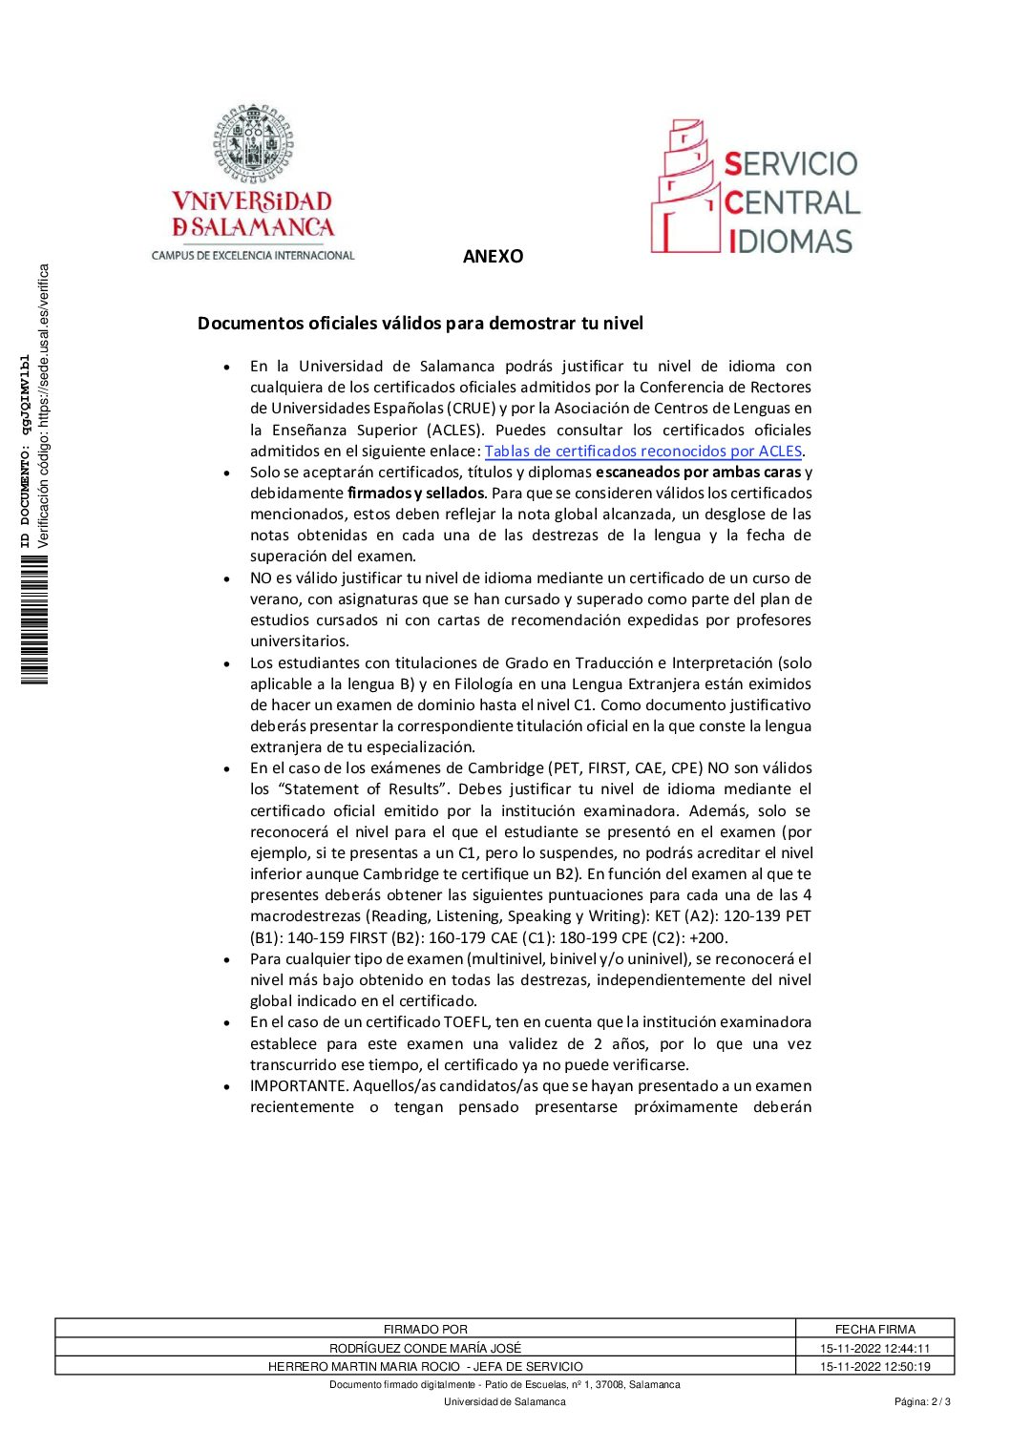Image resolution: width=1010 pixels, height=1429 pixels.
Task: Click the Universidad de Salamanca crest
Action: (x=253, y=144)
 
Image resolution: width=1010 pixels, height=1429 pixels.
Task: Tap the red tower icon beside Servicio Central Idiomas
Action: (x=684, y=187)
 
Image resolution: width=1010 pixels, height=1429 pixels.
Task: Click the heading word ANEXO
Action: (x=493, y=257)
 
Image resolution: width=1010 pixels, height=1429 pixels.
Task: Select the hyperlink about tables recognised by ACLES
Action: (x=642, y=452)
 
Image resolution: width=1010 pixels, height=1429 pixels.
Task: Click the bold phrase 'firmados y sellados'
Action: (x=416, y=494)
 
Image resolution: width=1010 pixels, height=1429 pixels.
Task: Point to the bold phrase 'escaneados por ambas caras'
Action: (x=698, y=473)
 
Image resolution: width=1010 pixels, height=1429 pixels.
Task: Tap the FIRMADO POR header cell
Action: (x=426, y=1329)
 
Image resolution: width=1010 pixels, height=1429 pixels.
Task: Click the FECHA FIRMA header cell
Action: (x=874, y=1329)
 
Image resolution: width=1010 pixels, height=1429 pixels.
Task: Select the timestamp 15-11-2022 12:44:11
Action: (x=874, y=1348)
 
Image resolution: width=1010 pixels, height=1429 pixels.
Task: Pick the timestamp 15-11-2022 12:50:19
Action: (x=874, y=1366)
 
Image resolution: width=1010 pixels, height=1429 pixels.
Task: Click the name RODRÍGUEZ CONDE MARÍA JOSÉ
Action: (x=426, y=1348)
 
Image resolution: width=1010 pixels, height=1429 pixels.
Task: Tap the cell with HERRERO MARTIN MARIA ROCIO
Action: (x=426, y=1366)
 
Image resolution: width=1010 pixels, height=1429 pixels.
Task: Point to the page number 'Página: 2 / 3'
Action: (x=922, y=1402)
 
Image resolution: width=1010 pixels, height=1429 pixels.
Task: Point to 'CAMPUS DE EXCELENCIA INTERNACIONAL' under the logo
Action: (x=253, y=256)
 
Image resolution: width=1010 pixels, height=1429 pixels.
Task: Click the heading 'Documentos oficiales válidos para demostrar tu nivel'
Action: (x=420, y=324)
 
